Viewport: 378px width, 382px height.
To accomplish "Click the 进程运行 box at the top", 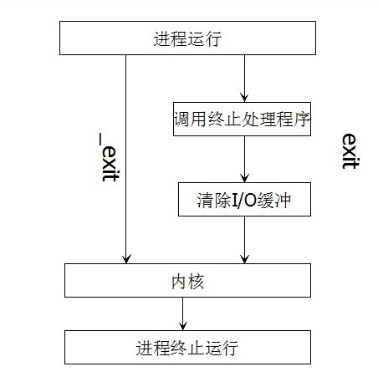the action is click(187, 38).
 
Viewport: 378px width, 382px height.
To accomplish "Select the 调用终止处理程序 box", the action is click(242, 119).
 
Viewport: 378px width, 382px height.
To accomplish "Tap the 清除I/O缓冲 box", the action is click(244, 199).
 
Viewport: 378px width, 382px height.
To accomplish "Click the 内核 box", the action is click(187, 280).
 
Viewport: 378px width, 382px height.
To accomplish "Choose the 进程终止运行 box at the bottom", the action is click(187, 347).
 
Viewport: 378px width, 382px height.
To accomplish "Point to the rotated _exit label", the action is click(109, 157).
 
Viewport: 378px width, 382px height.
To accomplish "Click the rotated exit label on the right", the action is click(350, 151).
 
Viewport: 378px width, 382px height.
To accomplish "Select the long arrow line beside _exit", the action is click(125, 159).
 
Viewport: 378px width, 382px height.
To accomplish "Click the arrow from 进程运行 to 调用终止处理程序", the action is click(244, 79).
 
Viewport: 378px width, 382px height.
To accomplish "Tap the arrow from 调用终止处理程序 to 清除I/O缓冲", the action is click(244, 159).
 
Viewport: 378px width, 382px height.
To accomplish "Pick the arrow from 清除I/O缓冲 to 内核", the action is click(244, 240).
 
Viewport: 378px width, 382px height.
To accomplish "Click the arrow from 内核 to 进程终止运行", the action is click(183, 313).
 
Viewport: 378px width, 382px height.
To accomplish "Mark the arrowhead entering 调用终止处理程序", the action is click(244, 98).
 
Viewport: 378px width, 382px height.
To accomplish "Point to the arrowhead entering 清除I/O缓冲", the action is click(244, 178).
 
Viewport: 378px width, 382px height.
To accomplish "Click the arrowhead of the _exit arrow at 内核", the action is click(126, 259).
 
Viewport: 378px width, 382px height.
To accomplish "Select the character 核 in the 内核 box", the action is click(197, 282).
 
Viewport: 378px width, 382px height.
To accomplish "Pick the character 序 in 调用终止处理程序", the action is click(302, 120).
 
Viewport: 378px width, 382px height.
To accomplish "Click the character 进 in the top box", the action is click(161, 38).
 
